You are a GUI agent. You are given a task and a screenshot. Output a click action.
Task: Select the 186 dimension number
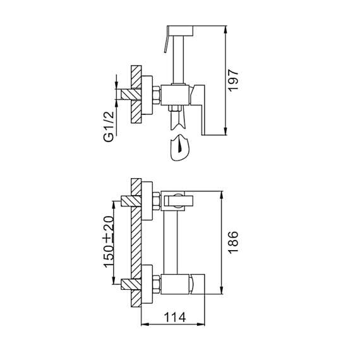click(233, 243)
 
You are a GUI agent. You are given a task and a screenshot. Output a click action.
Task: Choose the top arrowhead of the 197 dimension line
click(225, 29)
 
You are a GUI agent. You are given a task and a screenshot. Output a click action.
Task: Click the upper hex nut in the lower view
click(154, 203)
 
